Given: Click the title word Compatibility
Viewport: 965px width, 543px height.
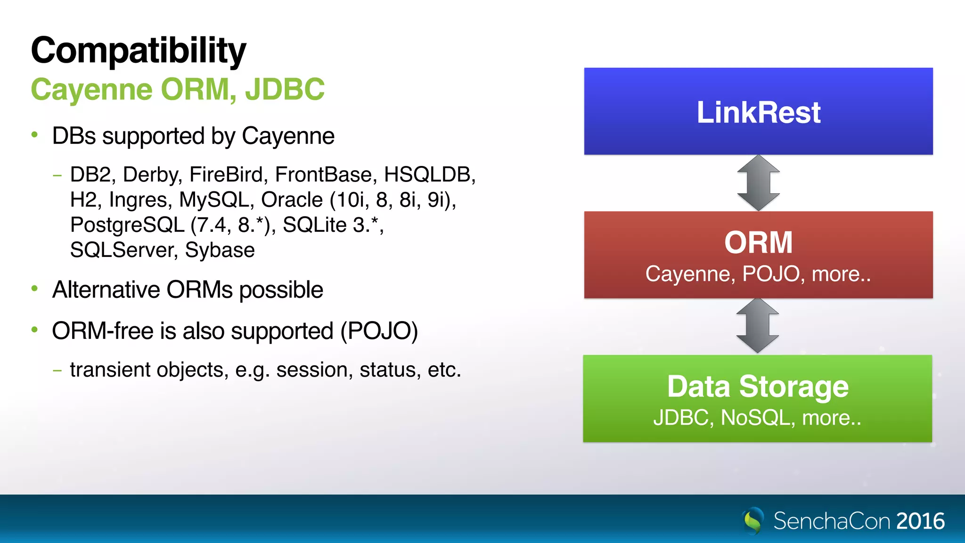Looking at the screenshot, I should click(138, 50).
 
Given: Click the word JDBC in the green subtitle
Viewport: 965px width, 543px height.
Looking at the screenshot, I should click(285, 90).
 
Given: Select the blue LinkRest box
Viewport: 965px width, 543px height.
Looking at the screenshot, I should click(758, 112).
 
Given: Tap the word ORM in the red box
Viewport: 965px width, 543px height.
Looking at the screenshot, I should click(758, 243).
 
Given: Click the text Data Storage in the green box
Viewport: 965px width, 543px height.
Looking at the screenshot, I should click(758, 387).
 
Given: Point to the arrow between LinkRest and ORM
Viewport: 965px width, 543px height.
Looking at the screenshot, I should click(758, 183).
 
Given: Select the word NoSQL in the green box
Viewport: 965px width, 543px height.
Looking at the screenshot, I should click(755, 418).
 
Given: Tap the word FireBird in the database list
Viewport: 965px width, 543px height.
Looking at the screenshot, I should click(226, 175).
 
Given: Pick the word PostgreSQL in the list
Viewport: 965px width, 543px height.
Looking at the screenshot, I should click(127, 225).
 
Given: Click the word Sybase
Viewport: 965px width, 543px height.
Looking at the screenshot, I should click(220, 250).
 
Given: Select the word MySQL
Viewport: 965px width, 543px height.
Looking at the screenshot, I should click(214, 200).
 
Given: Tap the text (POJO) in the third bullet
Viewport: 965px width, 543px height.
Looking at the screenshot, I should click(379, 331).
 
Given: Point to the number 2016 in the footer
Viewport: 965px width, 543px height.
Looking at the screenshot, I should click(920, 521).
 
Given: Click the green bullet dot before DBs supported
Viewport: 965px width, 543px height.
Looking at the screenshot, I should click(34, 135).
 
